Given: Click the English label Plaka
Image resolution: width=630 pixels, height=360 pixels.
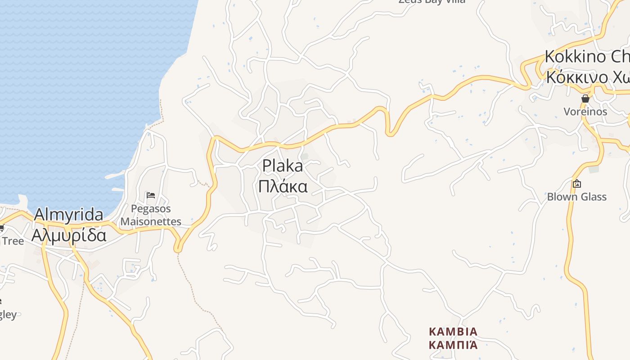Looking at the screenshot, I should (x=283, y=166).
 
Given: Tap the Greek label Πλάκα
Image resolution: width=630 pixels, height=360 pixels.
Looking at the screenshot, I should (x=283, y=186).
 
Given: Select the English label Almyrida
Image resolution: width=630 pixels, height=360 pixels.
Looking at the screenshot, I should (x=68, y=215).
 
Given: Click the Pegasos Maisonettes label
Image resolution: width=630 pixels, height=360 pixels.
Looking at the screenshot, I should (x=151, y=215).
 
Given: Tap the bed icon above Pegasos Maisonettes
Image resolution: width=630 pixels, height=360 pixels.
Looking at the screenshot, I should (x=151, y=195).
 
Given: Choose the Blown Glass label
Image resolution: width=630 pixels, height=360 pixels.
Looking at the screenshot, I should (x=576, y=197).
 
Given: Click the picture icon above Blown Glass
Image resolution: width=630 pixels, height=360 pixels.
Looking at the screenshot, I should (x=576, y=184).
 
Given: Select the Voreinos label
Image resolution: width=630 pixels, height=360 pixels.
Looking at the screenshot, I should (x=585, y=112).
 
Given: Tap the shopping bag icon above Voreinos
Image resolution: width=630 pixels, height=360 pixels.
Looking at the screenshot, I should (x=585, y=99).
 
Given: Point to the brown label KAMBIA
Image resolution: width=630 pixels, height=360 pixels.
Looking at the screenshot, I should (x=453, y=332).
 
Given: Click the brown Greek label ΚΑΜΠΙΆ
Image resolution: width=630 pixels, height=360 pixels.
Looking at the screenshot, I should (x=453, y=345).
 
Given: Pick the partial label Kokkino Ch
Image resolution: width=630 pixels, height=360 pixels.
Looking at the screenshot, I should (x=587, y=57).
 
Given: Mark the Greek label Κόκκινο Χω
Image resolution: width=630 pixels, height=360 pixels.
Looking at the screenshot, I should (x=587, y=77).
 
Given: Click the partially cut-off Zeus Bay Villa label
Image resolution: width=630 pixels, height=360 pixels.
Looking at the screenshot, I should (x=431, y=1).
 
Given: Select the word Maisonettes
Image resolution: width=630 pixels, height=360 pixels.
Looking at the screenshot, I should (x=151, y=221).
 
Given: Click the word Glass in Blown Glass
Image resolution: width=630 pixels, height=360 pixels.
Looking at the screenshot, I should (x=592, y=197).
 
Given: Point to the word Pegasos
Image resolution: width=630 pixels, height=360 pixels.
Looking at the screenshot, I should (x=151, y=209).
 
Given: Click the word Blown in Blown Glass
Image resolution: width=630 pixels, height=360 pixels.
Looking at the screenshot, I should (x=561, y=197).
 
